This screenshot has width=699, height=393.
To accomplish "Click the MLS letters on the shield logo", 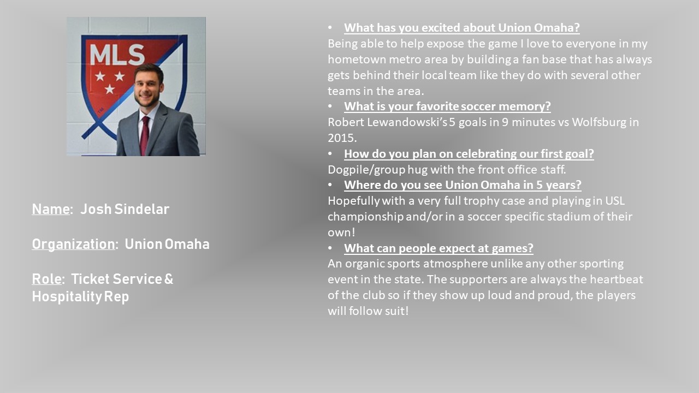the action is click(x=117, y=55).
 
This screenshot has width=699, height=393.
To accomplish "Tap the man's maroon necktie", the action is click(x=144, y=136).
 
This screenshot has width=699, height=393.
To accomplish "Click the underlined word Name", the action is click(x=51, y=209).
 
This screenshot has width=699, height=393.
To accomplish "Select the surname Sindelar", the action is click(x=141, y=209).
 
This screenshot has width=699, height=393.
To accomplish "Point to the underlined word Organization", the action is click(x=73, y=245).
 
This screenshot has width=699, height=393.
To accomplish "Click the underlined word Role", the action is click(x=46, y=279).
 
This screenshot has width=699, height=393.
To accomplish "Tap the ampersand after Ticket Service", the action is click(x=169, y=279).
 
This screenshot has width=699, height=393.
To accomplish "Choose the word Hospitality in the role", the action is click(x=67, y=296).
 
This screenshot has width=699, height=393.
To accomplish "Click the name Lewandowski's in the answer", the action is click(x=407, y=122).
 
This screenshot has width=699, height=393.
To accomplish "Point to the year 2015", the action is click(x=342, y=138).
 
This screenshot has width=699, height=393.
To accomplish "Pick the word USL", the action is click(x=615, y=201).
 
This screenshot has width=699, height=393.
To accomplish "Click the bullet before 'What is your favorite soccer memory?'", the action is click(x=330, y=106).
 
